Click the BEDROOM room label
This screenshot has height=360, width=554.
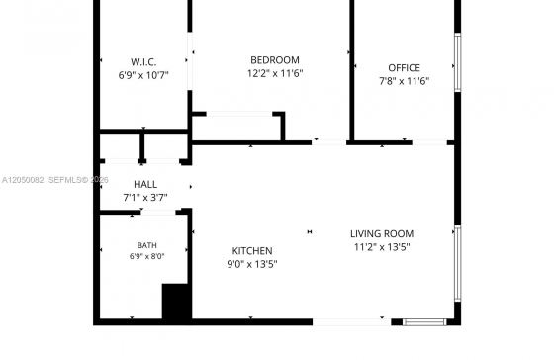[275, 60]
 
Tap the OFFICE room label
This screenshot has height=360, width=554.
[405, 68]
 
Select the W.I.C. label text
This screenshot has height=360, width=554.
[143, 62]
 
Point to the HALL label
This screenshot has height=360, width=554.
[145, 184]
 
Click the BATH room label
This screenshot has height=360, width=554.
[147, 245]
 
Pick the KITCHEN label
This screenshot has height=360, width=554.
[252, 251]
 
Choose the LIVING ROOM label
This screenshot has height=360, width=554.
[382, 233]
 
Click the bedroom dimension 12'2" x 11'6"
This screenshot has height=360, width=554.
[275, 73]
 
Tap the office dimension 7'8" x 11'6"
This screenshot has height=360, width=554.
[405, 81]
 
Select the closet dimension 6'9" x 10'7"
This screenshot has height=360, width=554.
[143, 75]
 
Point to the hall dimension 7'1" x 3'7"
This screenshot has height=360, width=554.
[145, 198]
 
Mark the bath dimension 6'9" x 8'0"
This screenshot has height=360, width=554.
[147, 256]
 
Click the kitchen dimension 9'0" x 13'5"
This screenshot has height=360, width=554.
[252, 264]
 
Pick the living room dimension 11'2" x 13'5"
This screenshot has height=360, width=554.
[382, 247]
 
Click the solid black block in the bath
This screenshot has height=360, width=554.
[177, 303]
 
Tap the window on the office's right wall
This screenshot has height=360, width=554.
[457, 62]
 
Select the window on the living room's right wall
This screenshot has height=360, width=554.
[457, 263]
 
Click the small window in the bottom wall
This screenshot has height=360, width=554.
[424, 322]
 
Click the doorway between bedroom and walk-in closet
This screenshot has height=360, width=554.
[190, 60]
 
